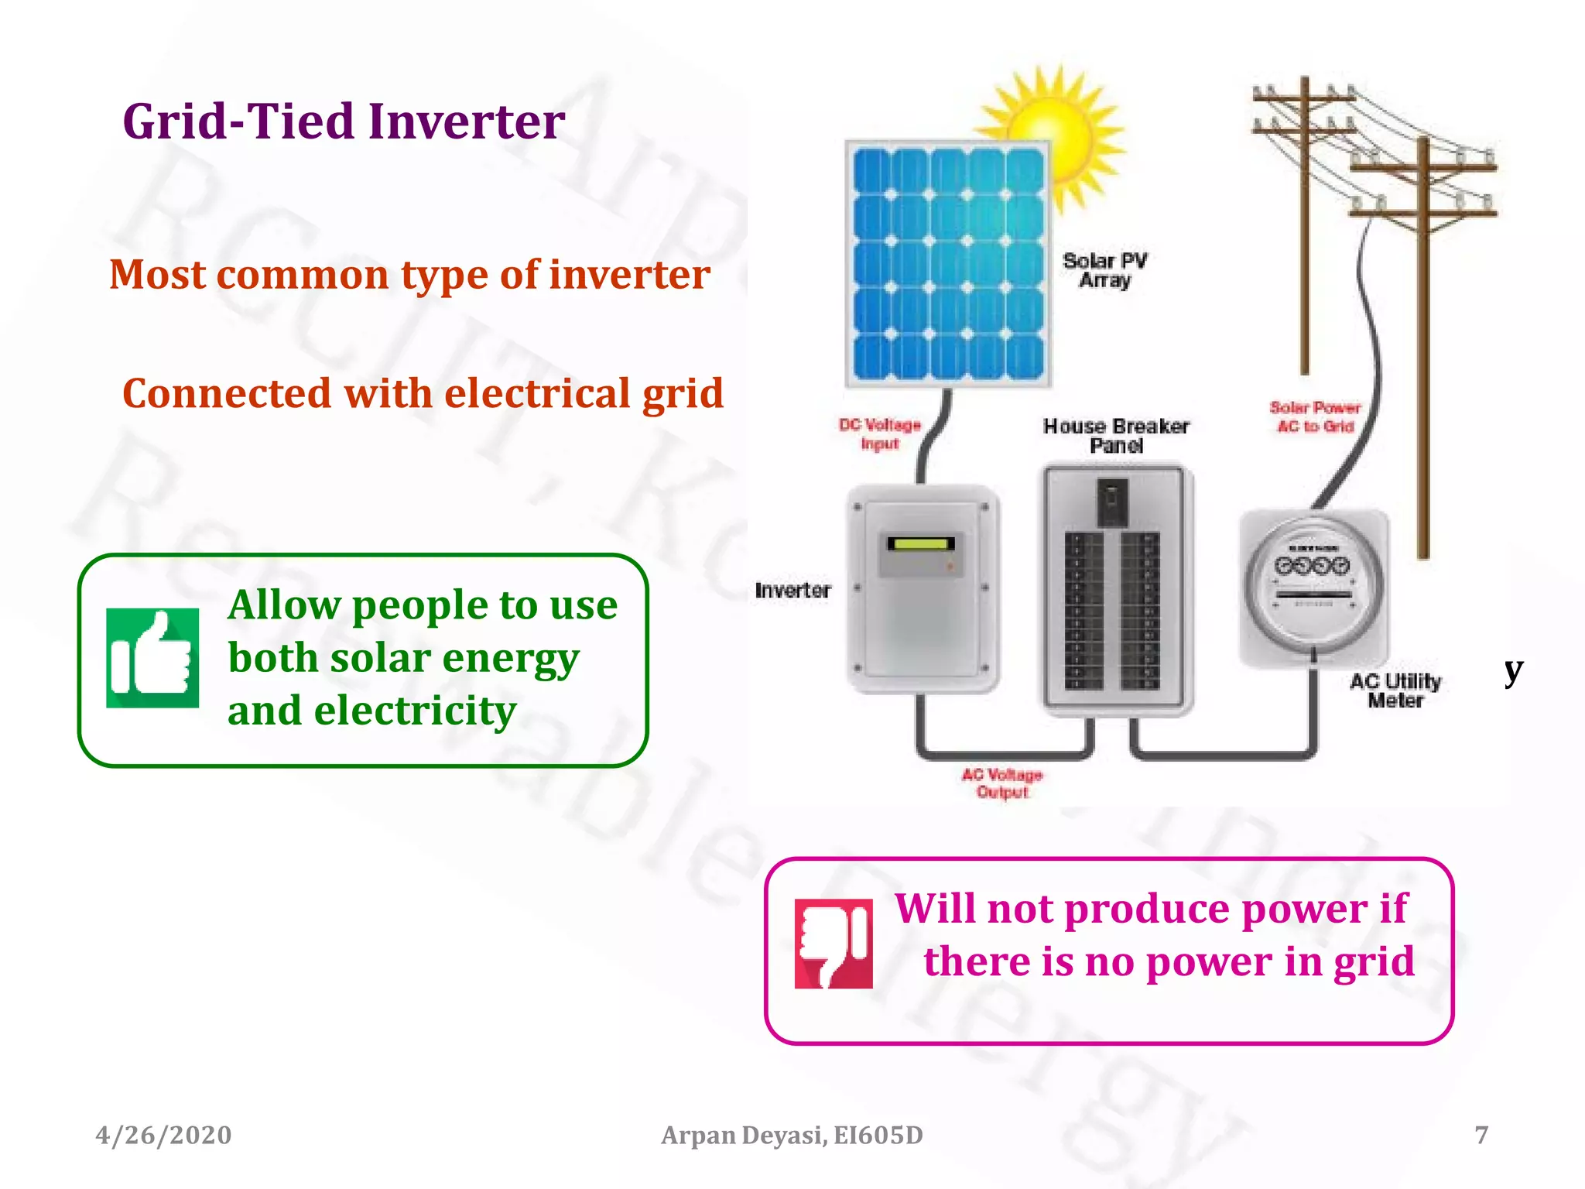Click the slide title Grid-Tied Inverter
[344, 122]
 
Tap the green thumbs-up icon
[152, 658]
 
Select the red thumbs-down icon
[834, 943]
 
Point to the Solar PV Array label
[1105, 270]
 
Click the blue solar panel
[948, 263]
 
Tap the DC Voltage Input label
[880, 434]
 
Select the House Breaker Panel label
[1116, 436]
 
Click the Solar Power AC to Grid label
[1315, 417]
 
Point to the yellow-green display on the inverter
[920, 543]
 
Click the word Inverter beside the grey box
[792, 591]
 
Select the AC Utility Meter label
[1395, 690]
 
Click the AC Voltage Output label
[1002, 783]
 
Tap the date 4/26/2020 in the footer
[163, 1135]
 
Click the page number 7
[1481, 1135]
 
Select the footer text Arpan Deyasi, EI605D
[792, 1135]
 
